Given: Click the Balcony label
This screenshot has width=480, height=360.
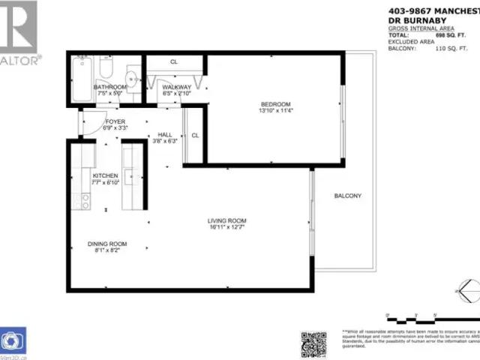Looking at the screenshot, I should (348, 196).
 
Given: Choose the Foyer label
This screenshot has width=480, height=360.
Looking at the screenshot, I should (115, 121).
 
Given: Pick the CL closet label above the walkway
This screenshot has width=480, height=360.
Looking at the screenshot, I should (173, 61).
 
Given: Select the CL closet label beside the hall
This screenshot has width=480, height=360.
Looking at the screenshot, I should (194, 135).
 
